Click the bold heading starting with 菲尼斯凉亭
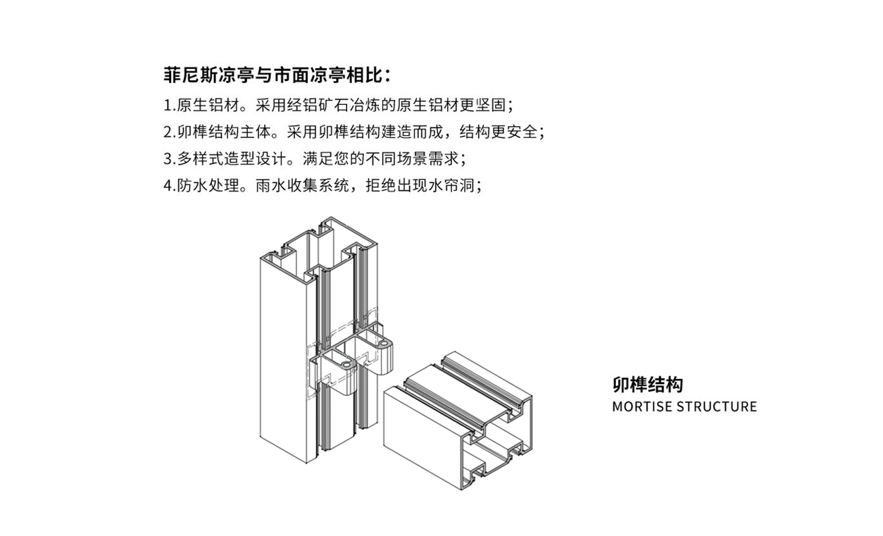click(277, 75)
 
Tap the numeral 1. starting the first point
click(170, 106)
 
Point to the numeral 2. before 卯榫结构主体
click(170, 132)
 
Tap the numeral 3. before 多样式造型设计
click(170, 159)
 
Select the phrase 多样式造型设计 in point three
click(231, 159)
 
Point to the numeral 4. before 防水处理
click(170, 186)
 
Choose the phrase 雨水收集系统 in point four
click(302, 186)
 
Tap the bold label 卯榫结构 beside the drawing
click(647, 385)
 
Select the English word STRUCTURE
click(717, 406)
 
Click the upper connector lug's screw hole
click(384, 344)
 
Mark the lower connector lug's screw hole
click(346, 366)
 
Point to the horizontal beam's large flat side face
click(422, 438)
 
